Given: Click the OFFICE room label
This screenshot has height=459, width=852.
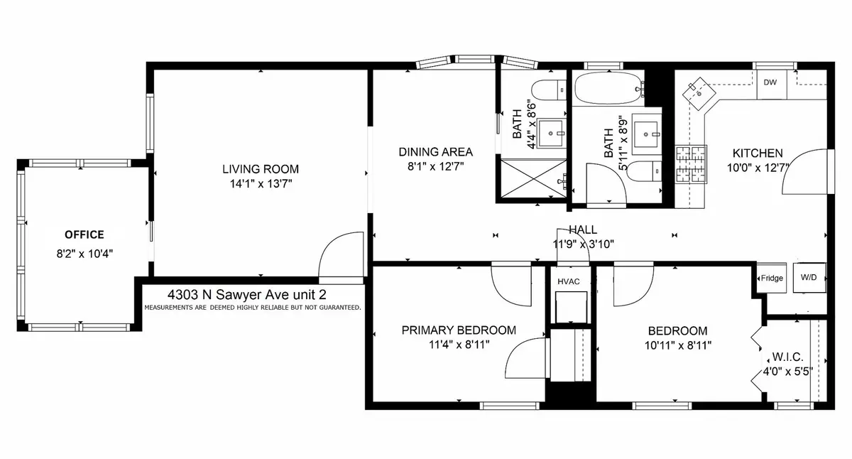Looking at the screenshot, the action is pyautogui.click(x=84, y=234).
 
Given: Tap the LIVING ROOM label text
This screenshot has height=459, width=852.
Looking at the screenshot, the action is pyautogui.click(x=261, y=169).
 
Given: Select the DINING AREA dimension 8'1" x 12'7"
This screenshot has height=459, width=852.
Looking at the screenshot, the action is pyautogui.click(x=436, y=167).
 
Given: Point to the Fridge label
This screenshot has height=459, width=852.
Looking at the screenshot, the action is pyautogui.click(x=772, y=279).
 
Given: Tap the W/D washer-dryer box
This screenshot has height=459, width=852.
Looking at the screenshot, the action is pyautogui.click(x=809, y=277).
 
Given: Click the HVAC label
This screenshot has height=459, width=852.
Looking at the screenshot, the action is pyautogui.click(x=569, y=281).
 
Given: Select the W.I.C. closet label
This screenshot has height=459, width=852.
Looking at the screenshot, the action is pyautogui.click(x=787, y=357).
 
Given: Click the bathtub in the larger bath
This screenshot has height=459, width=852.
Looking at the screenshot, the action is pyautogui.click(x=608, y=89).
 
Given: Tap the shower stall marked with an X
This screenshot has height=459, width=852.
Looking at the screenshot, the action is pyautogui.click(x=533, y=178).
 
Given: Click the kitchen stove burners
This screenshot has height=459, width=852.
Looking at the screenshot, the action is pyautogui.click(x=691, y=164).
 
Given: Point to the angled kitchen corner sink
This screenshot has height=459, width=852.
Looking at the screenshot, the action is pyautogui.click(x=699, y=94).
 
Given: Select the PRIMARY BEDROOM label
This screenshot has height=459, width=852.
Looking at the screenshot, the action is pyautogui.click(x=459, y=330).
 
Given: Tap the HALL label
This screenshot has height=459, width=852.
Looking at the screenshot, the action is pyautogui.click(x=583, y=230).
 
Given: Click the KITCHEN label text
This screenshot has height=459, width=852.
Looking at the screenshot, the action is pyautogui.click(x=758, y=153).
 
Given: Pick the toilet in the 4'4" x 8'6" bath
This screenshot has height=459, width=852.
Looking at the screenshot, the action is pyautogui.click(x=548, y=90).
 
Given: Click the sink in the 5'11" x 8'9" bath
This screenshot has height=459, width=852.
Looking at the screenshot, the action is pyautogui.click(x=646, y=134).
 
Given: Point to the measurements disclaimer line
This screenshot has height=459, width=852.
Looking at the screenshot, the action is pyautogui.click(x=253, y=308).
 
